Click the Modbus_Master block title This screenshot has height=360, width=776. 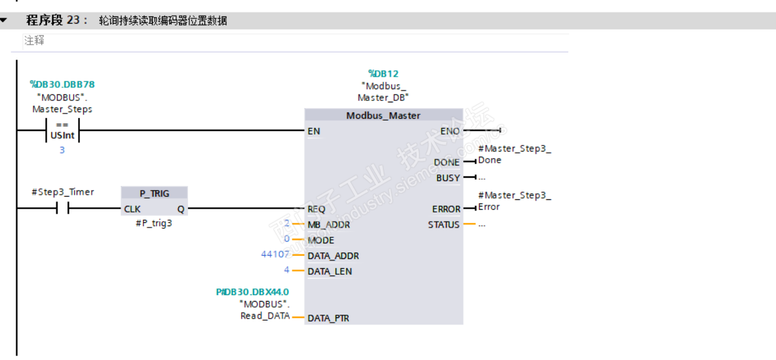tap(383, 116)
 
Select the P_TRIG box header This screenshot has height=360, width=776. tap(155, 193)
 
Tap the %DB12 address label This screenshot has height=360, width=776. tap(383, 74)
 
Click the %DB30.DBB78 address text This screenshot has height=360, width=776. tap(62, 84)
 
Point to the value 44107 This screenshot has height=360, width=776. tap(276, 254)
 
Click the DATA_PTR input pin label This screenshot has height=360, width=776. tap(328, 319)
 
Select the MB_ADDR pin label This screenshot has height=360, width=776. tap(328, 225)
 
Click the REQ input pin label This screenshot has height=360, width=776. tap(317, 209)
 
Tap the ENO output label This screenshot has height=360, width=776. tap(450, 131)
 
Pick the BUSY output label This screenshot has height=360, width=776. tap(448, 178)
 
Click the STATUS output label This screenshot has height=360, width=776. tap(444, 225)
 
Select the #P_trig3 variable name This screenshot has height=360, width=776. tap(154, 224)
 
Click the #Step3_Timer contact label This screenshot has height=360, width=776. tap(62, 191)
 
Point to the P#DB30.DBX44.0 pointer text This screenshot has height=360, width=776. tap(252, 292)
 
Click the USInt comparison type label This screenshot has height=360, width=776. tap(62, 134)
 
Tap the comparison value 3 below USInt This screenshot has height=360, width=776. tap(62, 150)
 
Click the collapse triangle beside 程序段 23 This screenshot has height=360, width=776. tap(4, 21)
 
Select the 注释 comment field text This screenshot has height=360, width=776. tap(35, 41)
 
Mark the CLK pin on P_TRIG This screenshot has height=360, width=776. tap(132, 209)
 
